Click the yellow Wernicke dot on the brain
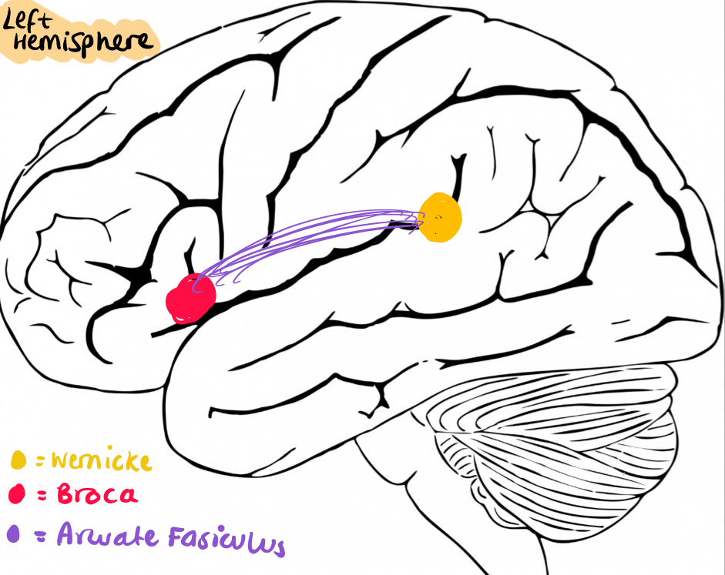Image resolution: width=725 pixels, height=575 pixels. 440,216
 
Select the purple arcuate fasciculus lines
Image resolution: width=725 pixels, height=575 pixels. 308,236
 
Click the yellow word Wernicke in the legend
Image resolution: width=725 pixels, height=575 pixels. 101,461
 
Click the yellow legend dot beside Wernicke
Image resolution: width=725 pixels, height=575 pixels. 18,461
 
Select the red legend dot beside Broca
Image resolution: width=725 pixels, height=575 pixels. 16,494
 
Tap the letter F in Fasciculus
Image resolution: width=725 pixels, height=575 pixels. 176,535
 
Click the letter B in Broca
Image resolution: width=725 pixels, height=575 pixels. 65,494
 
